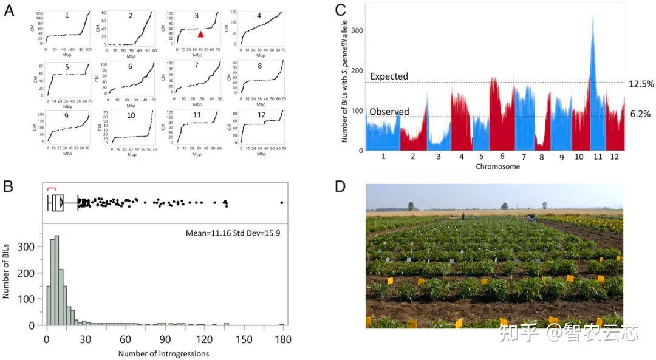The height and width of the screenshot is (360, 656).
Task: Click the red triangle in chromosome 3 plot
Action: (200, 35)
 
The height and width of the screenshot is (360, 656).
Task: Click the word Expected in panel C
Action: (389, 77)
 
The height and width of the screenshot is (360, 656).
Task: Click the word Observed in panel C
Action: (389, 112)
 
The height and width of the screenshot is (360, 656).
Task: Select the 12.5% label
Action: (641, 84)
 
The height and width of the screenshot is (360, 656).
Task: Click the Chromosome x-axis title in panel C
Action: (497, 166)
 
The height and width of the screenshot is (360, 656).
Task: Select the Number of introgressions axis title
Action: (163, 353)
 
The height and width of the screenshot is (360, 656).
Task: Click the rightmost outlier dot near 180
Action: (282, 202)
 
